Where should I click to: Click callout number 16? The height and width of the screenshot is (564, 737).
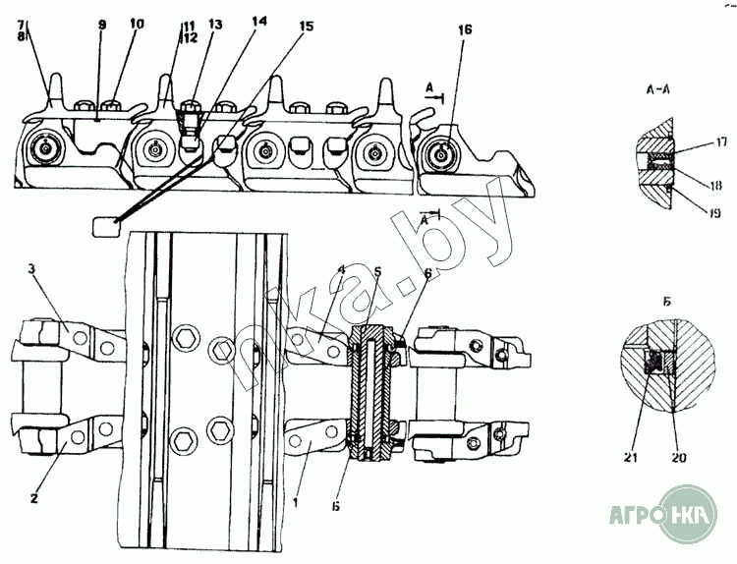[464, 30]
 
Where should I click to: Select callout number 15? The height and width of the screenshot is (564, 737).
[307, 27]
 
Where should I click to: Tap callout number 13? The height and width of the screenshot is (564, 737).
[215, 24]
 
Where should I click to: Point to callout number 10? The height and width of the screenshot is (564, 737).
[136, 22]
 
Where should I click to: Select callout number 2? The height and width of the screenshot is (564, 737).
[33, 498]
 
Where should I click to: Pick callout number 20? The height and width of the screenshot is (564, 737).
[676, 427]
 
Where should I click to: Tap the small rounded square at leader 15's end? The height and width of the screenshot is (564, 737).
[104, 227]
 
